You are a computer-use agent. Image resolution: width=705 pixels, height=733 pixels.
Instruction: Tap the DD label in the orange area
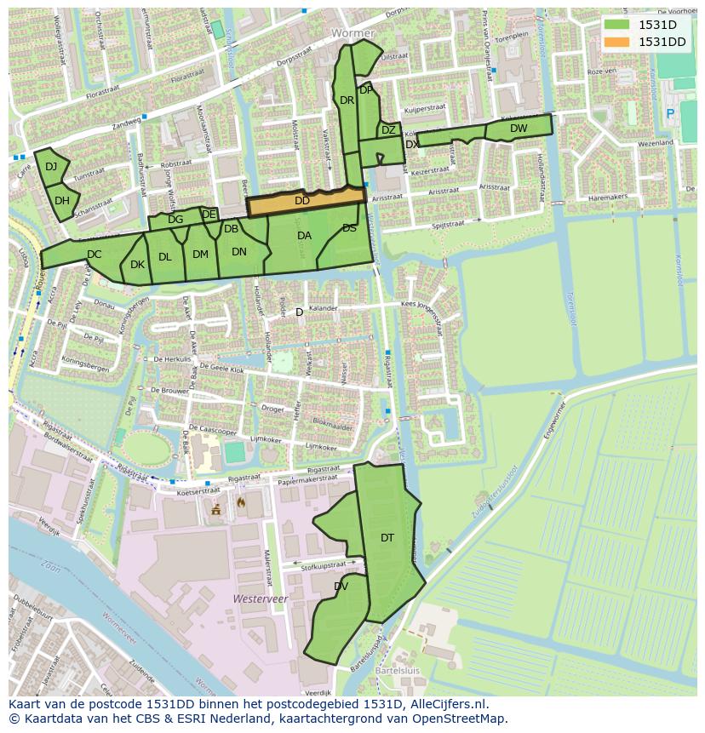pos(302,201)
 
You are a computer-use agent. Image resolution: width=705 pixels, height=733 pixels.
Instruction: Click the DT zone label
pos(387,537)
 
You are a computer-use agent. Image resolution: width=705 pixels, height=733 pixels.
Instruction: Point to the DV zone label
pos(341,587)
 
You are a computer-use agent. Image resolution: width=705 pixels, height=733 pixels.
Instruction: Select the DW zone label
pos(519,129)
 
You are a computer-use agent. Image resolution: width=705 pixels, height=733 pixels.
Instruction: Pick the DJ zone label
pos(51,167)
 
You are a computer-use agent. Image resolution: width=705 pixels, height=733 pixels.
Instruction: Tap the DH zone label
pos(62,201)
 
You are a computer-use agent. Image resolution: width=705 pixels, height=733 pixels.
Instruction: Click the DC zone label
pos(95,254)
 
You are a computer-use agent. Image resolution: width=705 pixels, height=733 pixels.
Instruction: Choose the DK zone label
pos(137,265)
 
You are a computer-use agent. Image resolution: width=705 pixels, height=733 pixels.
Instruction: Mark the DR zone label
pos(347,100)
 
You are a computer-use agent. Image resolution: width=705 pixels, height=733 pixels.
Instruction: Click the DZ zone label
pos(388,130)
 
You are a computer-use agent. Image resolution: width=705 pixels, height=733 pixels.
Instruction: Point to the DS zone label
pos(349,228)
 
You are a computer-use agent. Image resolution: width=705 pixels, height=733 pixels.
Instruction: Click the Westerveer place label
pos(260,599)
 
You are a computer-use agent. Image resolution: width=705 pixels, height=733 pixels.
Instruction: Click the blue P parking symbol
pos(669,113)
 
